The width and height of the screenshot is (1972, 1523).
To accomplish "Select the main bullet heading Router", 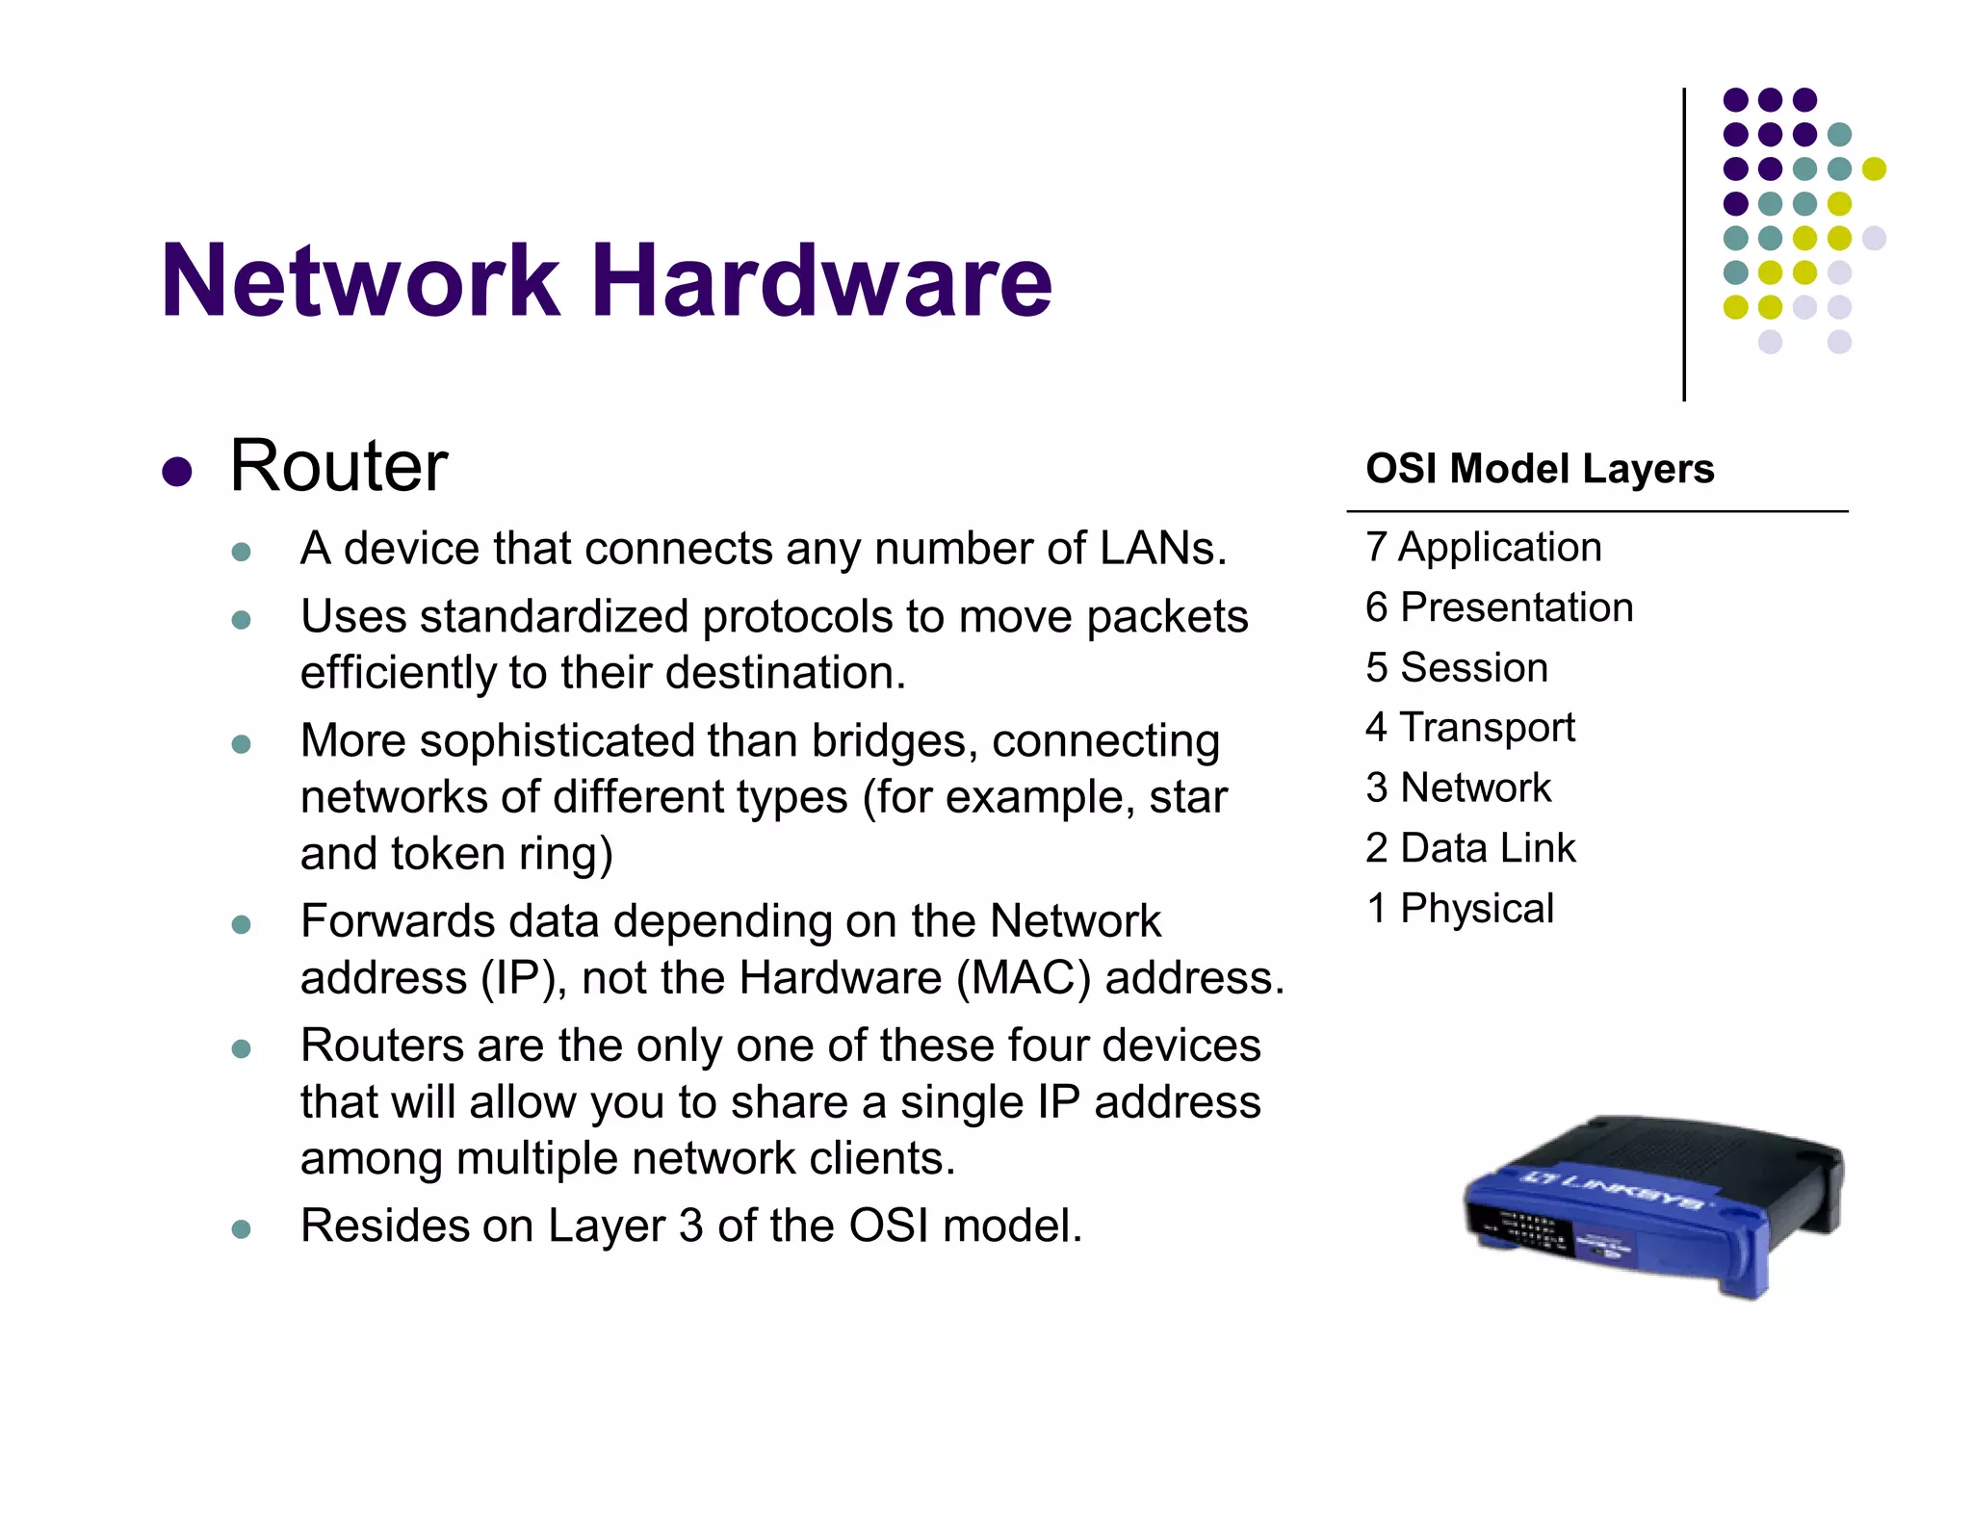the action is [x=339, y=466].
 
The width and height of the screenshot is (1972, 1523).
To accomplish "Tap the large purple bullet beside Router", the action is [x=177, y=472].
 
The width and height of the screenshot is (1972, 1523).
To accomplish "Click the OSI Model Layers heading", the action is [x=1540, y=469].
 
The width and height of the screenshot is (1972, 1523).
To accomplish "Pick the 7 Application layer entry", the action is [x=1483, y=547].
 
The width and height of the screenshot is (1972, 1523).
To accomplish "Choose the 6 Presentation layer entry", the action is [x=1498, y=607].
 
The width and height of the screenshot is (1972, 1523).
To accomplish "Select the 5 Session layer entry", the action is [x=1456, y=667].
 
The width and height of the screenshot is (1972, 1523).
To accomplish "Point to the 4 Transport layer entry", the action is [x=1469, y=728].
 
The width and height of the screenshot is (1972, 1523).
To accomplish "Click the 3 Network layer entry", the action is [x=1458, y=787].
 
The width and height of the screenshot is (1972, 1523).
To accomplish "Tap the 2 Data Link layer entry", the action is [x=1469, y=848].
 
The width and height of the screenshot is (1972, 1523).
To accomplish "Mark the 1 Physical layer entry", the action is [x=1459, y=908].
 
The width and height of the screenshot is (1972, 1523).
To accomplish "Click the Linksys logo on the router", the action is [x=1614, y=1190].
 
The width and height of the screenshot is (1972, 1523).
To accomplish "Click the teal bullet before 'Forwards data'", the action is [x=242, y=925].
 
